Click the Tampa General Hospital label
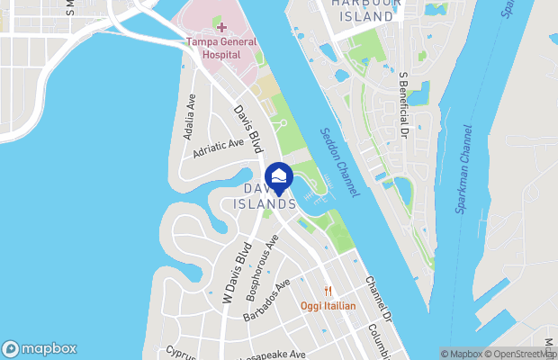point(221,48)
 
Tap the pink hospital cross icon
point(221,28)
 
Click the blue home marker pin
point(280,176)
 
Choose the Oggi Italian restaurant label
point(328,306)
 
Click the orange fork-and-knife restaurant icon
point(328,292)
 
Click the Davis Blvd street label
point(247,128)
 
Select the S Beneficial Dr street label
point(404,107)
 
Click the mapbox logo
point(40,348)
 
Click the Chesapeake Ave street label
point(274,355)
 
